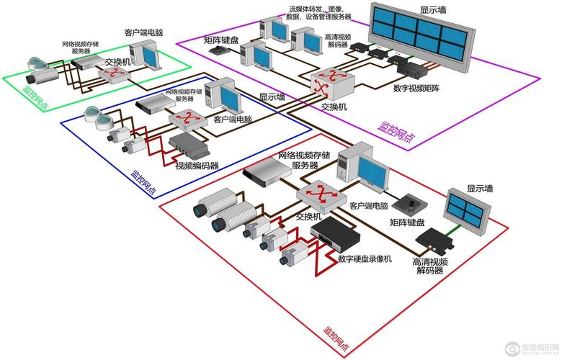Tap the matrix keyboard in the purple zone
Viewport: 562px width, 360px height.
pyautogui.click(x=216, y=50)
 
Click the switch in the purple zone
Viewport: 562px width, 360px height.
pyautogui.click(x=329, y=81)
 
